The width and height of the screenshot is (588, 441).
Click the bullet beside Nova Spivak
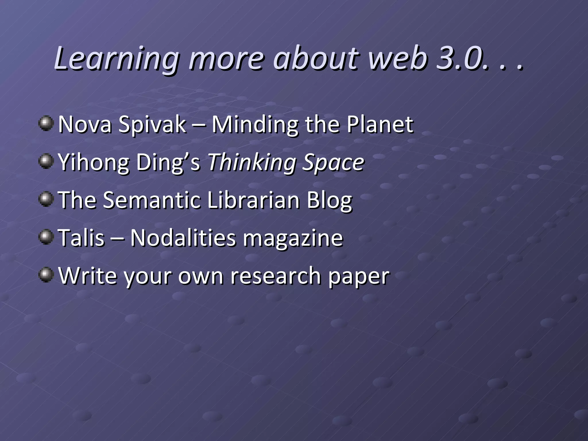(x=46, y=124)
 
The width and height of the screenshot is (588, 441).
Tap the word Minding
(x=255, y=125)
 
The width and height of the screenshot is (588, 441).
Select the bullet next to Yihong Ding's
(x=46, y=162)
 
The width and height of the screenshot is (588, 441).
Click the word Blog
(x=329, y=200)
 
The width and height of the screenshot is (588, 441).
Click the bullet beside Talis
(x=46, y=237)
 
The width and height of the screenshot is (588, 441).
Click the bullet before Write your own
(x=46, y=275)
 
